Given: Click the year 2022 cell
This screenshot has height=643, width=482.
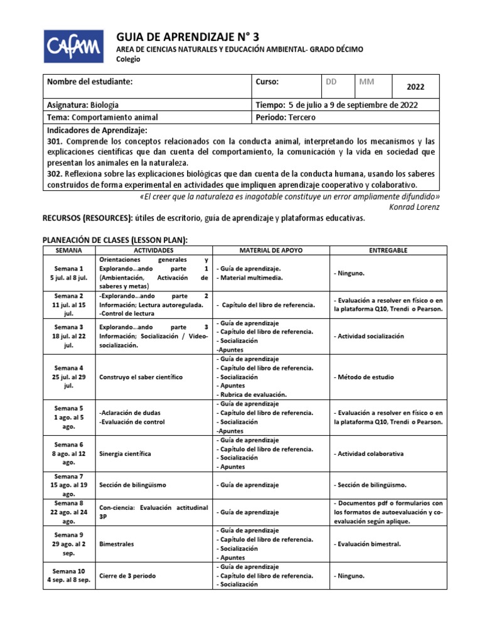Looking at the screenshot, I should [415, 87].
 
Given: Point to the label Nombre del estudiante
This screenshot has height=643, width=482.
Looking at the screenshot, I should [90, 82].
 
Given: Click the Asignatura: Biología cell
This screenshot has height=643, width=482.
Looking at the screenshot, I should [83, 105].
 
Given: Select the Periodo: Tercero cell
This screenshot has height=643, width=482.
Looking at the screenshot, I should [286, 117].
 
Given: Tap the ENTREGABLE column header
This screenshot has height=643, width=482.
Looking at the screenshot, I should [388, 250].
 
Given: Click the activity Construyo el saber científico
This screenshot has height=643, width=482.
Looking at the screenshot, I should [141, 377].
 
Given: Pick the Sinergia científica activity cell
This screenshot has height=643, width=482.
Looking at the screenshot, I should [124, 453].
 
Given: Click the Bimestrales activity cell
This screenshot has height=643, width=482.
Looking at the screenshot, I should [117, 544].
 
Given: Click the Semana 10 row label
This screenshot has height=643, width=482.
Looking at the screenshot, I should [68, 575].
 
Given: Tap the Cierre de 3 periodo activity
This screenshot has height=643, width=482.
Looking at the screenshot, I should [127, 576].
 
